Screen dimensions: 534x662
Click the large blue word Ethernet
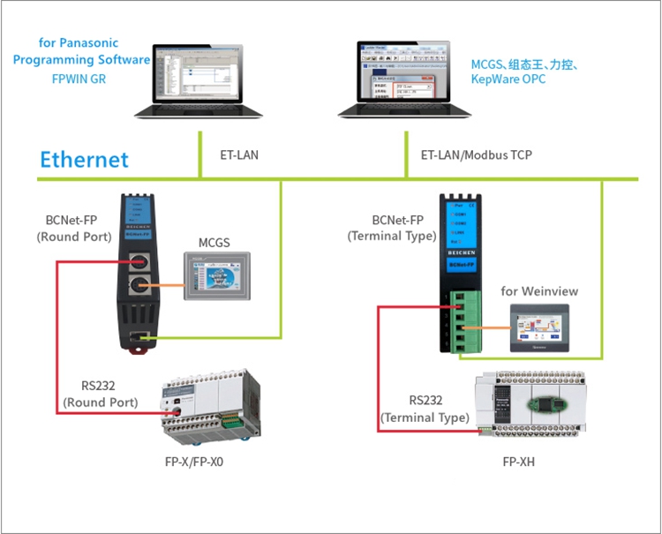click(84, 160)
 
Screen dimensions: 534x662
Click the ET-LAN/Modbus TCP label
click(476, 155)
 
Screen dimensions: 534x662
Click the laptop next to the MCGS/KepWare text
click(405, 79)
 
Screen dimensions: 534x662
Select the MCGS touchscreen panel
click(217, 275)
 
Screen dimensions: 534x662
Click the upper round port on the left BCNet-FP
click(139, 262)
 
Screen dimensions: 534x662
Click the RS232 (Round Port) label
click(100, 394)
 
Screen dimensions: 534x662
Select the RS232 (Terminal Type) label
click(425, 409)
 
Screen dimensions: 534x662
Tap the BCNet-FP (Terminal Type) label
click(391, 229)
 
